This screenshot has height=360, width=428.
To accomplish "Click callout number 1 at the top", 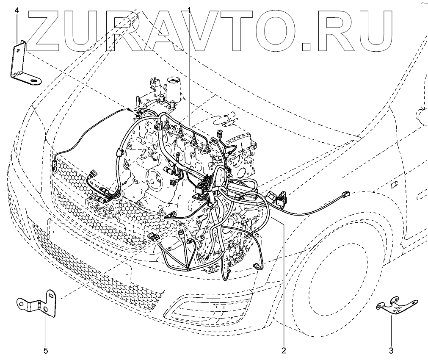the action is pyautogui.click(x=189, y=10).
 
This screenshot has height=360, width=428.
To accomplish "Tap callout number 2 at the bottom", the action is pyautogui.click(x=283, y=350).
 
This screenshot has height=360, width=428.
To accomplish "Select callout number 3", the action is pyautogui.click(x=391, y=350).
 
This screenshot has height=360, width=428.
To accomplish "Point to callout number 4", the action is pyautogui.click(x=17, y=10).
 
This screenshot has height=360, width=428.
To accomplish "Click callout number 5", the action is pyautogui.click(x=46, y=350).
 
